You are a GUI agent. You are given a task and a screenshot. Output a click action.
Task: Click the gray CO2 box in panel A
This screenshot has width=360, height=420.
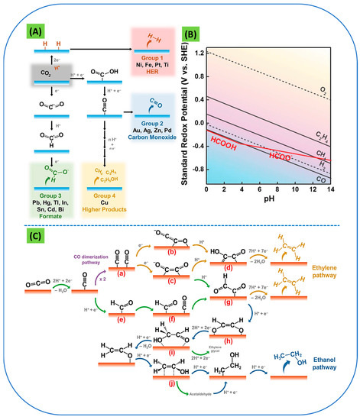[44, 75]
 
